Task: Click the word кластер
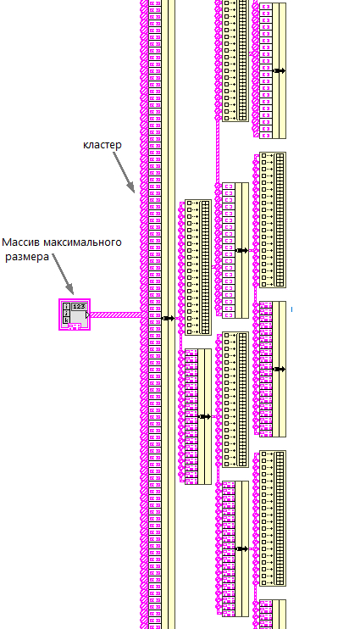coord(102,145)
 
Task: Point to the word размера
coord(27,257)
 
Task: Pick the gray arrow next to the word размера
coord(63,274)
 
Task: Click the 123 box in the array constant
coord(79,307)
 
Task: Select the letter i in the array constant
coord(67,307)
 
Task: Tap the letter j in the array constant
coord(67,314)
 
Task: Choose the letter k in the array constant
coord(67,320)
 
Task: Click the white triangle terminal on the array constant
coord(87,315)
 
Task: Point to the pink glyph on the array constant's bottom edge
coord(74,327)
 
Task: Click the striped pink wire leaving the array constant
coord(114,315)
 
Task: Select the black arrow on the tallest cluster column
coord(169,319)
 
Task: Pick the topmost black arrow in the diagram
coord(279,71)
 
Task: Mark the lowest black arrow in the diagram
coord(241,548)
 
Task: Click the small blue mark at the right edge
coord(292,309)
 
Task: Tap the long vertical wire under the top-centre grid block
coord(218,152)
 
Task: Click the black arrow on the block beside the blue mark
coord(279,369)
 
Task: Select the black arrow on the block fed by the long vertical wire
coord(241,251)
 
